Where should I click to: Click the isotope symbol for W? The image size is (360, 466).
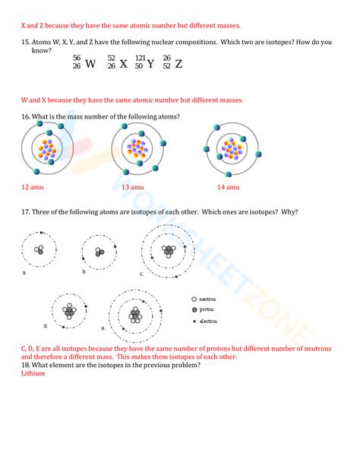click(84, 63)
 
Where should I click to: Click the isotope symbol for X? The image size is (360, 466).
click(116, 63)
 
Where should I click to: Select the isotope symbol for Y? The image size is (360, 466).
click(145, 63)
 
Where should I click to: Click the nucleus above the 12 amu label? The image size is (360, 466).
click(46, 151)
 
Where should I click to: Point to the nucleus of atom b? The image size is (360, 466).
click(98, 252)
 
